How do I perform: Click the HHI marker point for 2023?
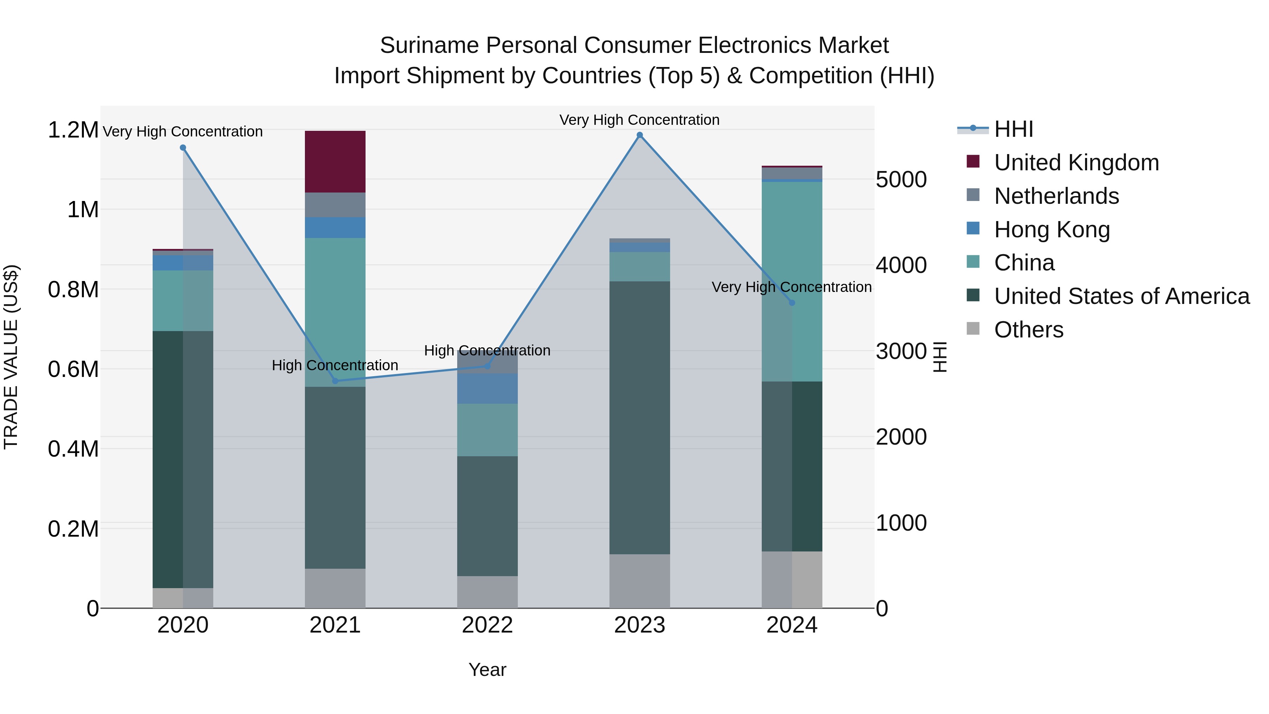(x=639, y=135)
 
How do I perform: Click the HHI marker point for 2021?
(x=335, y=381)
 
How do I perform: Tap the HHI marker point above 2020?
(x=183, y=148)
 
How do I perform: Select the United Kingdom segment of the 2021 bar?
(x=335, y=161)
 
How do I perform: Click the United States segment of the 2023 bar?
(x=639, y=417)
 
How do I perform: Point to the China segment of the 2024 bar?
(x=792, y=281)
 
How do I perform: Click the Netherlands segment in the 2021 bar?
(x=335, y=205)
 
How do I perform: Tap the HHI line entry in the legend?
(x=1013, y=129)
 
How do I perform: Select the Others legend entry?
(x=1028, y=330)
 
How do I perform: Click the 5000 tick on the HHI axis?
(x=901, y=179)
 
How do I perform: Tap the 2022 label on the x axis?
(x=487, y=625)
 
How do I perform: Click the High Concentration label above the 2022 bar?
(x=487, y=350)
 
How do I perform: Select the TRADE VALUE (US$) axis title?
(x=11, y=357)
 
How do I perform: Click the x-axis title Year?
(x=487, y=670)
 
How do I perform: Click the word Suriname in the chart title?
(x=429, y=45)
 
